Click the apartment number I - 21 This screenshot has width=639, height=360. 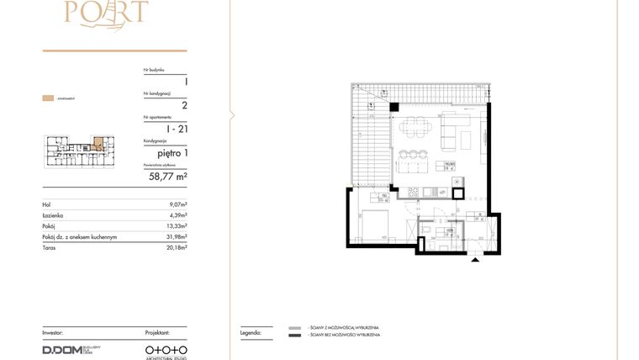tap(177, 129)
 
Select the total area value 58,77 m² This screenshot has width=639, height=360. tap(168, 177)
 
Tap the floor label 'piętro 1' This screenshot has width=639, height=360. tap(172, 152)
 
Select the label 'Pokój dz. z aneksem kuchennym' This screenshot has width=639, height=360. tap(79, 237)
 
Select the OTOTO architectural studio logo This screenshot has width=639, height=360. tap(166, 348)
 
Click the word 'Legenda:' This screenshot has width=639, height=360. tap(251, 333)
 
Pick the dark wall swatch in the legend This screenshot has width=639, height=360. tap(294, 336)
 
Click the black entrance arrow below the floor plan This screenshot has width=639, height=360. tap(477, 260)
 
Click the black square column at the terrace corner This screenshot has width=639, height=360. tap(393, 106)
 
